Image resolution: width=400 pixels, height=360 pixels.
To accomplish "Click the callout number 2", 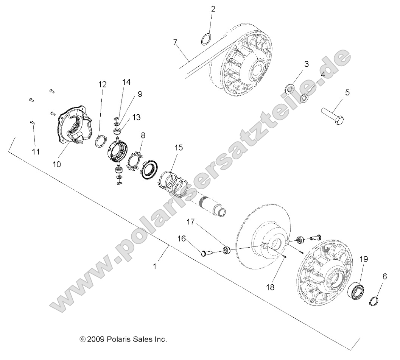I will pyautogui.click(x=213, y=9).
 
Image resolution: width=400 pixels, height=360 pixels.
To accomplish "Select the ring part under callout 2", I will pyautogui.click(x=206, y=39).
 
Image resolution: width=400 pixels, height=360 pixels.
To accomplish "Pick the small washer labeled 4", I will pyautogui.click(x=304, y=98).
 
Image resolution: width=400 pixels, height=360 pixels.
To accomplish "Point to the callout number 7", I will pyautogui.click(x=175, y=42).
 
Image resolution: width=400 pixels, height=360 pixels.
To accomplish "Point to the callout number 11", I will pyautogui.click(x=36, y=151).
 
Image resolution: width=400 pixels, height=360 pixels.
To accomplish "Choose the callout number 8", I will pyautogui.click(x=143, y=135).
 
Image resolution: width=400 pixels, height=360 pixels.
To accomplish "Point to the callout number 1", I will pyautogui.click(x=154, y=266).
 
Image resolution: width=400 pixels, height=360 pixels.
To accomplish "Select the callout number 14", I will pyautogui.click(x=126, y=82).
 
